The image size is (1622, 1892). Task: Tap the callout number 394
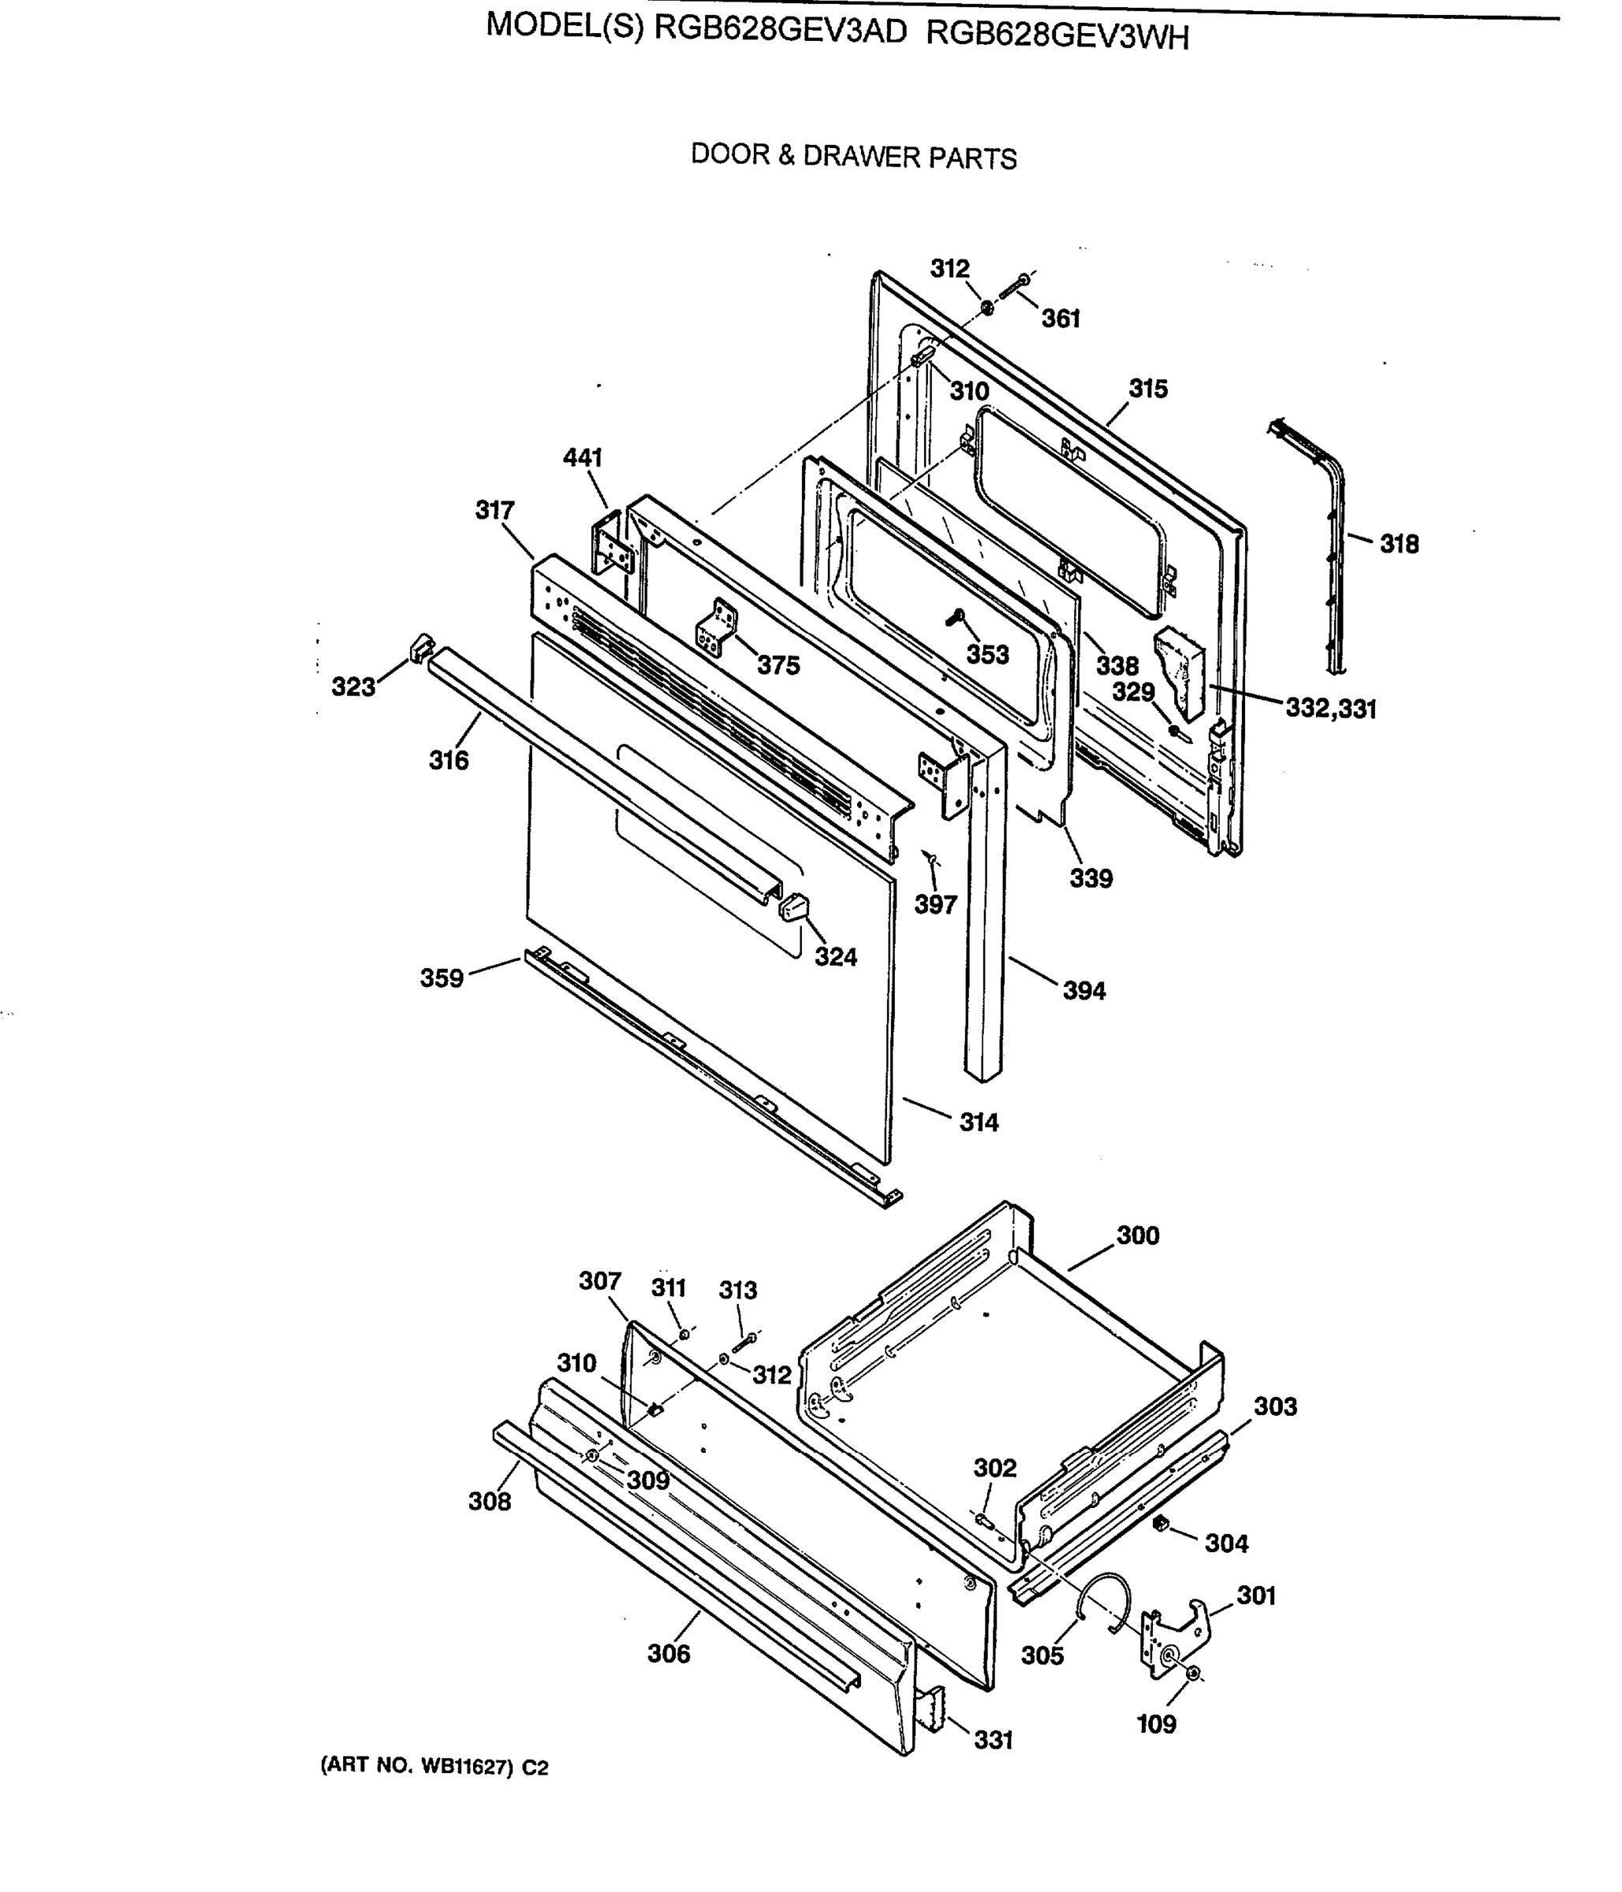[1083, 990]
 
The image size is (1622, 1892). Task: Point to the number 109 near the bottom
[1155, 1724]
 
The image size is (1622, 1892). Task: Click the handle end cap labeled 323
[420, 647]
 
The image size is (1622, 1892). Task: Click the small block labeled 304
[1161, 1522]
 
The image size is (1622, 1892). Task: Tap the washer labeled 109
[1195, 1673]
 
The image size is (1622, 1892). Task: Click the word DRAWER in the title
[861, 156]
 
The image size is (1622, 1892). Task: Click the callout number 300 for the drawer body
[1137, 1235]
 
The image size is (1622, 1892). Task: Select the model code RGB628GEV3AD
[781, 30]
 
